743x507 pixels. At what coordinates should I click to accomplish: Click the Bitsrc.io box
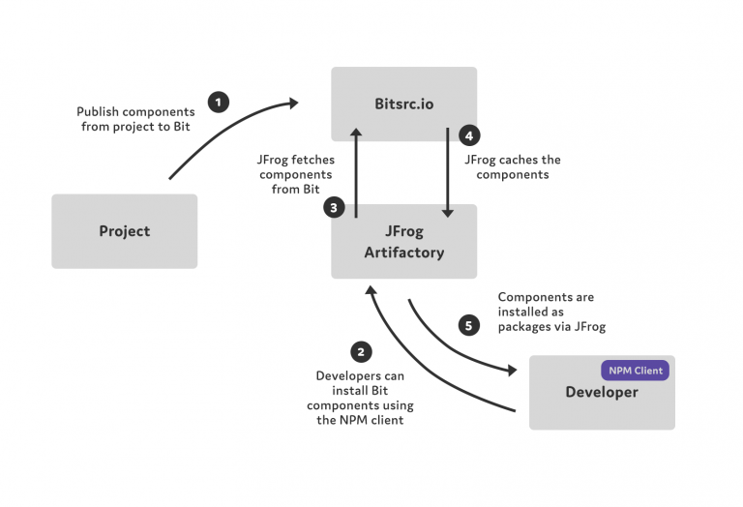pos(403,104)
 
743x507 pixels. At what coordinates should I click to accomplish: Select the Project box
pos(125,231)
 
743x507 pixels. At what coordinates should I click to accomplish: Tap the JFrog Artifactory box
pos(403,241)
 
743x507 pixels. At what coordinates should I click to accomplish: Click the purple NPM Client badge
pos(635,371)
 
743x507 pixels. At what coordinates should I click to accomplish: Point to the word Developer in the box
pos(602,392)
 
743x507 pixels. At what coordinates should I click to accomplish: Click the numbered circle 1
pos(219,102)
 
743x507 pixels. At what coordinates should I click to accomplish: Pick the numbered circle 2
pos(361,352)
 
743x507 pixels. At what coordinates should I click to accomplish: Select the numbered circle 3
pos(334,207)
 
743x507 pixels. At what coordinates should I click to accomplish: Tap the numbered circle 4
pos(469,136)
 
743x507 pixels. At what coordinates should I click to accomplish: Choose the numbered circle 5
pos(468,325)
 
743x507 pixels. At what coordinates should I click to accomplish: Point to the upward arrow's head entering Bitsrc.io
pos(356,133)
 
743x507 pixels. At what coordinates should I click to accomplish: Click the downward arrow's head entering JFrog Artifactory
pos(447,213)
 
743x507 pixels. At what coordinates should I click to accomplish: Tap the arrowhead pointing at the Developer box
pos(512,370)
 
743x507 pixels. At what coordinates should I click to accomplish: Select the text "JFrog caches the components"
pos(513,167)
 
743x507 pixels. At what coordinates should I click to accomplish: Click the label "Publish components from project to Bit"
pos(135,119)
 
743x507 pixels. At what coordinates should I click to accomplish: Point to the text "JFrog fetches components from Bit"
pos(296,174)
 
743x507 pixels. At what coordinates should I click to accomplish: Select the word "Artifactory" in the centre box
pos(404,253)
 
